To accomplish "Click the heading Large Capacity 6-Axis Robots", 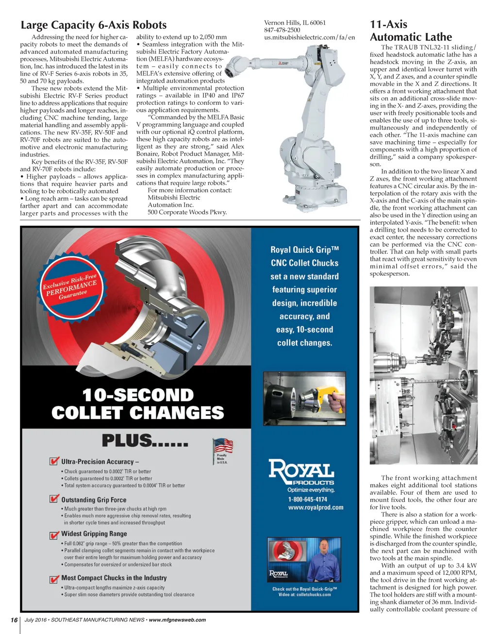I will pyautogui.click(x=93, y=25).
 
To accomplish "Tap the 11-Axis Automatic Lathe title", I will pyautogui.click(x=411, y=31).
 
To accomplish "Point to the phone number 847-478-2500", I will pyautogui.click(x=282, y=30).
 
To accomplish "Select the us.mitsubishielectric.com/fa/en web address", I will pyautogui.click(x=309, y=37).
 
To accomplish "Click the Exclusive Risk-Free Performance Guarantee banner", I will pyautogui.click(x=70, y=288).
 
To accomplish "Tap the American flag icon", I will pyautogui.click(x=223, y=445).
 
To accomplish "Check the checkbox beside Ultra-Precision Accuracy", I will pyautogui.click(x=54, y=461).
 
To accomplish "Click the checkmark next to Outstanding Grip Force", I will pyautogui.click(x=54, y=499).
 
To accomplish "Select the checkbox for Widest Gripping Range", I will pyautogui.click(x=54, y=534).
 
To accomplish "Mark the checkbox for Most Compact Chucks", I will pyautogui.click(x=54, y=579).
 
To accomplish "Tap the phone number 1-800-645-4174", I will pyautogui.click(x=308, y=499).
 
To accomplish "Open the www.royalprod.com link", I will pyautogui.click(x=315, y=507).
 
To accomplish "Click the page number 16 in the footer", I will pyautogui.click(x=14, y=620).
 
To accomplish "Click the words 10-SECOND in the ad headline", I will pyautogui.click(x=138, y=395).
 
